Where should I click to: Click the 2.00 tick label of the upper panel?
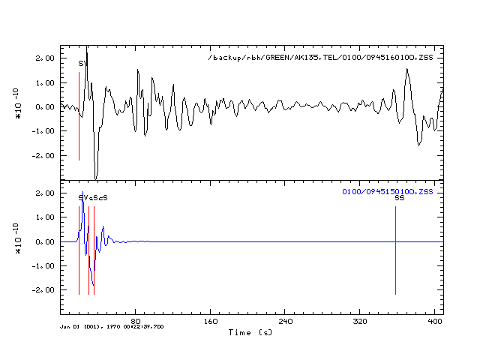(45, 58)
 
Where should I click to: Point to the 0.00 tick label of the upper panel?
(45, 106)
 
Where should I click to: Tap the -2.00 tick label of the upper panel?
(43, 155)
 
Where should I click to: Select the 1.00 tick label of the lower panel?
(45, 217)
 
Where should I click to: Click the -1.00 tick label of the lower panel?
(43, 265)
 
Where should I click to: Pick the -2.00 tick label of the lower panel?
(43, 289)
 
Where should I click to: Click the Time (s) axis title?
(250, 331)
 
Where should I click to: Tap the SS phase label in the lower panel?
(399, 198)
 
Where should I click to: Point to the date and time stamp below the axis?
(112, 327)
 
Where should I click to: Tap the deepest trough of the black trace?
(95, 178)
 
